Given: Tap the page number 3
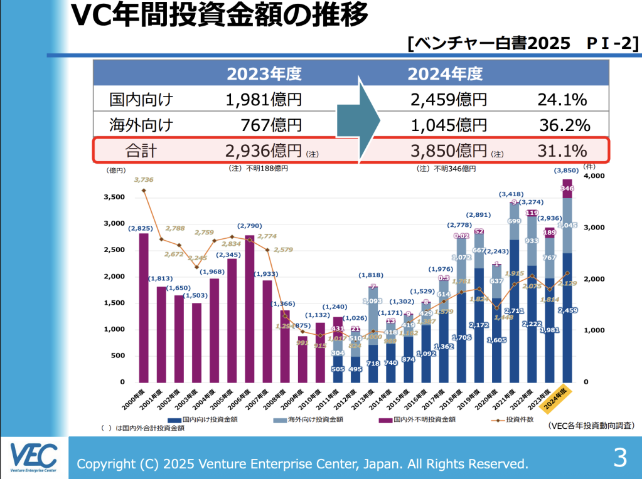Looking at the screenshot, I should pyautogui.click(x=619, y=458).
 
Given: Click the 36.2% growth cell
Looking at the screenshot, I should pyautogui.click(x=564, y=125).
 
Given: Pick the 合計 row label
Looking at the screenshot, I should pyautogui.click(x=141, y=150).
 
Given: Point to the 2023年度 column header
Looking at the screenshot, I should pyautogui.click(x=264, y=74).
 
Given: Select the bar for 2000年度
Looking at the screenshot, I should pyautogui.click(x=144, y=307).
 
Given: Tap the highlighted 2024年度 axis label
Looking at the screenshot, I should pyautogui.click(x=556, y=398).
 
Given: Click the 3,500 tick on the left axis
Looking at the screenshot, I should pyautogui.click(x=114, y=197).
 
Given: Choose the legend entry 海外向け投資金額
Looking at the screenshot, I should pyautogui.click(x=311, y=419).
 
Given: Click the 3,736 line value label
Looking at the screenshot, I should pyautogui.click(x=143, y=180).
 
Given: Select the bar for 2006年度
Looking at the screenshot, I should pyautogui.click(x=249, y=308).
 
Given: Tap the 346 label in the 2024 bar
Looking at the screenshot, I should pyautogui.click(x=567, y=188).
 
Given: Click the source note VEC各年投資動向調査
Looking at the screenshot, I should pyautogui.click(x=591, y=426).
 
